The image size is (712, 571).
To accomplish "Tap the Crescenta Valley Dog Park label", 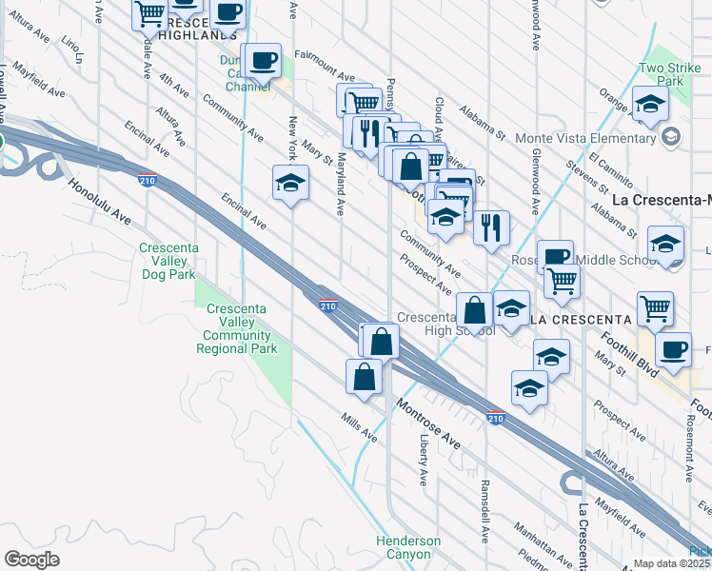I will point(167,262).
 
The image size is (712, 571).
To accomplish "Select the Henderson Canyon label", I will point(408,547).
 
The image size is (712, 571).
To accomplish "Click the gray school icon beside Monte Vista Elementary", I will point(672,138).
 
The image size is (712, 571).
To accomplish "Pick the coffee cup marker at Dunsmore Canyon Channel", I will point(261,60).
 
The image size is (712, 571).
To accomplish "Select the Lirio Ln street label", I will point(71,49).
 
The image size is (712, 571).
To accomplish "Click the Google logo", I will point(31,560).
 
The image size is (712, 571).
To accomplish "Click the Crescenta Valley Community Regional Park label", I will point(237,329).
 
